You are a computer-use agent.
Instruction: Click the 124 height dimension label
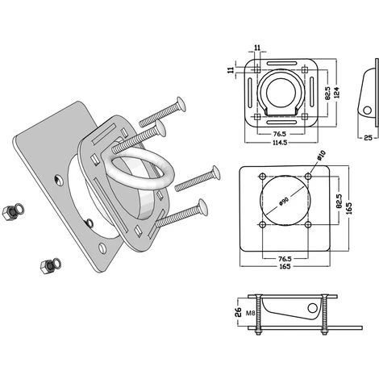tap(337, 93)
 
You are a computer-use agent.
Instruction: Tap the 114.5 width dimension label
tap(280, 143)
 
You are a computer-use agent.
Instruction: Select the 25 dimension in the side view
tap(368, 138)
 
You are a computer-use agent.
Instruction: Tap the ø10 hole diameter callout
tap(321, 156)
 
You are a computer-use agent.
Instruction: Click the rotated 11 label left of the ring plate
tap(231, 70)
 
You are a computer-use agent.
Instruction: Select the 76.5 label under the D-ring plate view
tap(280, 134)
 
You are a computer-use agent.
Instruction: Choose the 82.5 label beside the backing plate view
tap(339, 201)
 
